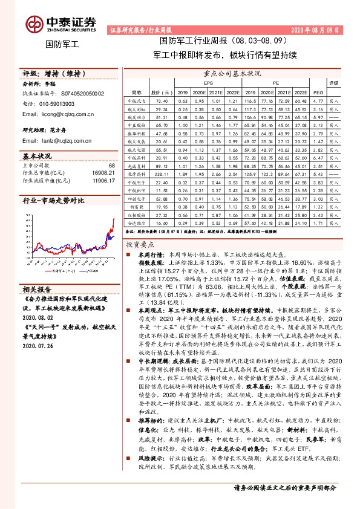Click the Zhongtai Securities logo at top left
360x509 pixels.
(x=61, y=23)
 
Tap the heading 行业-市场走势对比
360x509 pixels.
(x=53, y=199)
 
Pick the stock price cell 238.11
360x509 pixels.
(x=162, y=173)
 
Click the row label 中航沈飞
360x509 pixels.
(x=137, y=100)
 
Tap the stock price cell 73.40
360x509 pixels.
(x=162, y=100)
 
